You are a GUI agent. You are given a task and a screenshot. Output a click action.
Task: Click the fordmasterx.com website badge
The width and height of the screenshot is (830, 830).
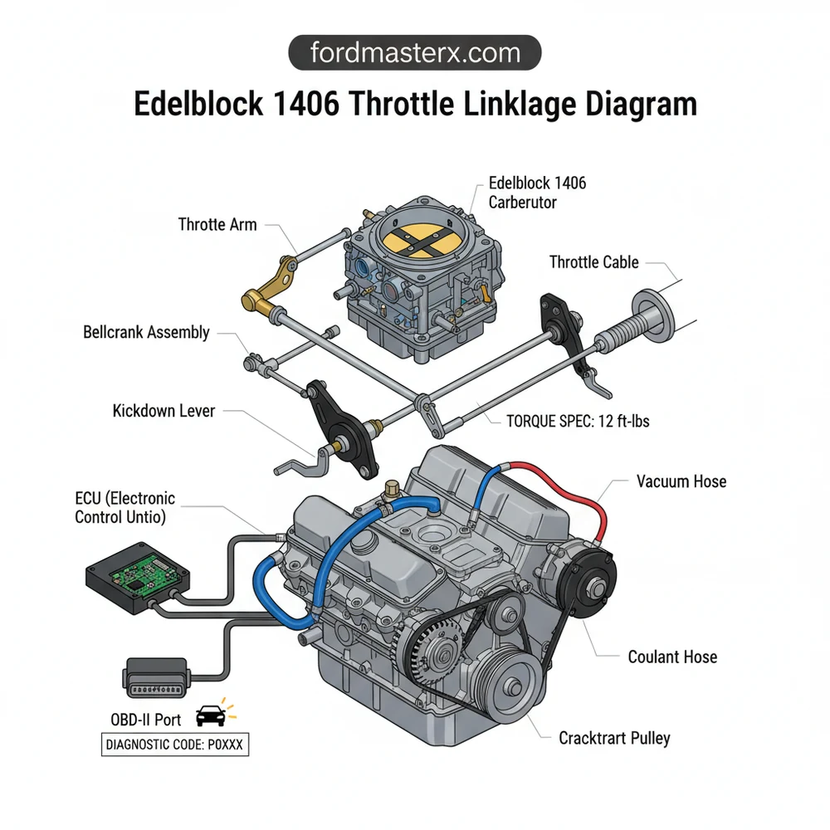coord(414,54)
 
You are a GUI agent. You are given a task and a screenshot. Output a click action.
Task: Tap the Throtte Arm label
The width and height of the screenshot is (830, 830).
coord(217,224)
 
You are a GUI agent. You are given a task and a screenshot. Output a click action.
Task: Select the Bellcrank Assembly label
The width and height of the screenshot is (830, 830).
coord(146,332)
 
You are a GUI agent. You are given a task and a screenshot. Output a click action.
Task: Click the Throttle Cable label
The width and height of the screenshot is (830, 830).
coord(593,262)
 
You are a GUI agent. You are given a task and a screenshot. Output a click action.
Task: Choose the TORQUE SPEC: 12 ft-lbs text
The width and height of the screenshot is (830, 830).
coord(578,421)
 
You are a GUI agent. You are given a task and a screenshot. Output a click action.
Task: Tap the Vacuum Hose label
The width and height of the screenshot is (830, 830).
coord(681,481)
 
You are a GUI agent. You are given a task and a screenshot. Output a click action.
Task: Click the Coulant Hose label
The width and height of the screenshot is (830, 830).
coord(672,657)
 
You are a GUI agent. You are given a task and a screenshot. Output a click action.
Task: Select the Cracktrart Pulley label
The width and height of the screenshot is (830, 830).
coord(614,737)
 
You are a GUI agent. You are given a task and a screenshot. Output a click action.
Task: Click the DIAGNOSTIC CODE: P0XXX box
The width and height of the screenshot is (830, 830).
coord(174,745)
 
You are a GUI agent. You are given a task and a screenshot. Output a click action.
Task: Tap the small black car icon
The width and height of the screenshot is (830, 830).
coord(211,716)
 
